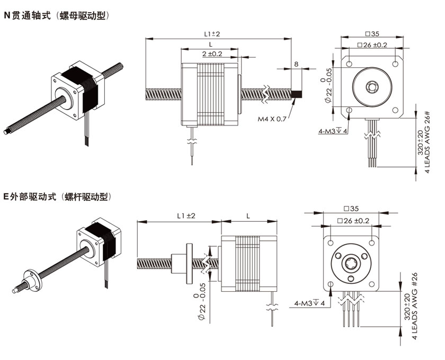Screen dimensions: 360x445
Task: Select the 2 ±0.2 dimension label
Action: pyautogui.click(x=212, y=54)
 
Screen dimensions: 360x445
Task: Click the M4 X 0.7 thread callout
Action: pyautogui.click(x=272, y=119)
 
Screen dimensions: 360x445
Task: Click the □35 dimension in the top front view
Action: pyautogui.click(x=372, y=34)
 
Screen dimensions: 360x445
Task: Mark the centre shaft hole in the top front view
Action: pyautogui.click(x=372, y=86)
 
